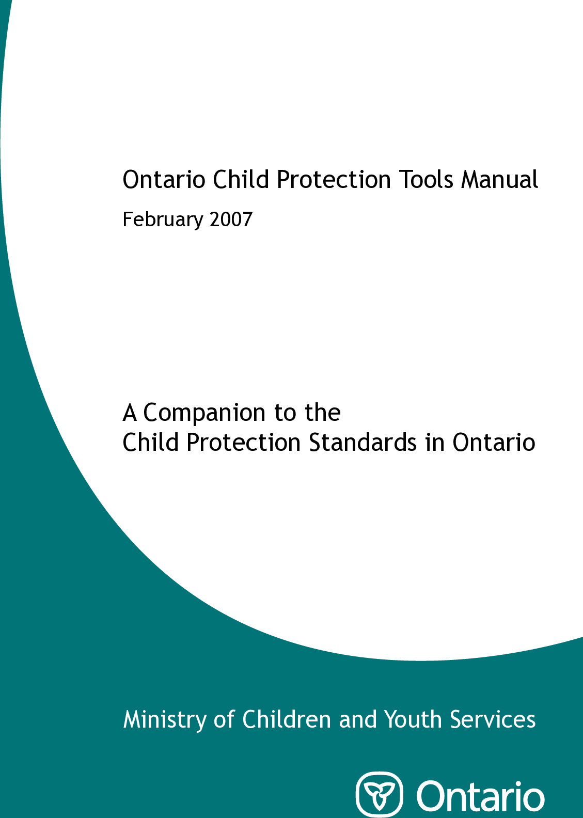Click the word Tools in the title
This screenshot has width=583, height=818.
[x=427, y=180]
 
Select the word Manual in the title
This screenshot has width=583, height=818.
[x=499, y=180]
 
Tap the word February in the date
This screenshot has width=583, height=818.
[x=163, y=220]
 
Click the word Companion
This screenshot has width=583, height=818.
[x=204, y=413]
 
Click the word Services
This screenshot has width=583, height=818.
[x=493, y=719]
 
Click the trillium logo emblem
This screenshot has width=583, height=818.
[x=380, y=794]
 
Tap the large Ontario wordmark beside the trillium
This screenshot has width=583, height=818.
[x=480, y=796]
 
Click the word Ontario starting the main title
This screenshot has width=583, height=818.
[x=164, y=180]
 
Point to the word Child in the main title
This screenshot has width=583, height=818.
[x=241, y=180]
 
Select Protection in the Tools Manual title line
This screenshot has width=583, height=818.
[x=334, y=180]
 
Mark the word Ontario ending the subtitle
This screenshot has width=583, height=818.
[x=494, y=443]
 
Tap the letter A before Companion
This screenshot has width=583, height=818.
[x=130, y=413]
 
